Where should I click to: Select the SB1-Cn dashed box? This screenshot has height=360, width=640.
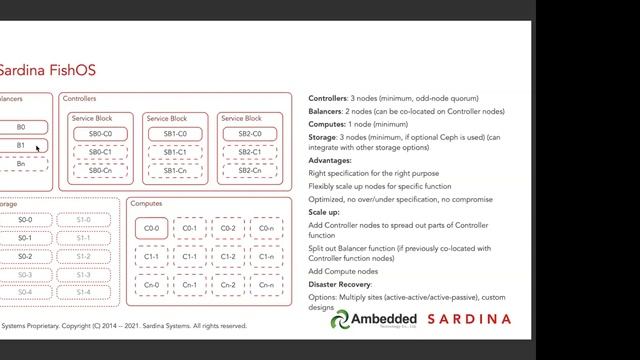click(x=175, y=171)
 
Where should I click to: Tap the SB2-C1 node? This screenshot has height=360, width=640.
click(x=249, y=153)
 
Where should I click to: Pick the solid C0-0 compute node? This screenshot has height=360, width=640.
click(x=152, y=228)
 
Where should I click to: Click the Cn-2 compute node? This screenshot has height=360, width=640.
click(x=228, y=285)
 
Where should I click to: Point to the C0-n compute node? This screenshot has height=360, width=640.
click(x=265, y=228)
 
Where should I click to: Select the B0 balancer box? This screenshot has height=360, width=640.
click(x=21, y=128)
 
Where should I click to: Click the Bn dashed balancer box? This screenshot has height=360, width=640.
click(x=21, y=163)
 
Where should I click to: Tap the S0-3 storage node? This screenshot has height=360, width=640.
click(x=25, y=274)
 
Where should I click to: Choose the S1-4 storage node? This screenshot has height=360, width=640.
click(x=83, y=292)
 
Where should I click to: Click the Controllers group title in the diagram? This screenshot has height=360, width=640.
click(x=79, y=99)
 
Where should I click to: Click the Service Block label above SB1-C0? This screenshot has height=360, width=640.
click(x=166, y=119)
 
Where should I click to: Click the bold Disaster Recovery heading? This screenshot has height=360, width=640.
click(x=347, y=283)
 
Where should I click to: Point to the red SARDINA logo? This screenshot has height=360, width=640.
click(x=469, y=320)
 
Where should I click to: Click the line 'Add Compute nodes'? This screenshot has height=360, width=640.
click(x=345, y=271)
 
